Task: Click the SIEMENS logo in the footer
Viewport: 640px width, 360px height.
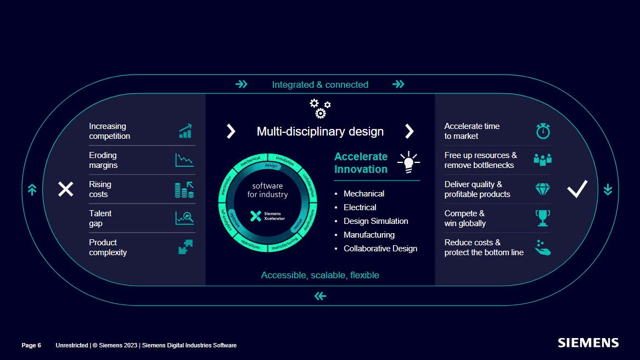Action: [588, 343]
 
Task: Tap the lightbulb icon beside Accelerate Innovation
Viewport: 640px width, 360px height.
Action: [408, 162]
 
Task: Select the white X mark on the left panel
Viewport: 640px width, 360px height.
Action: [66, 189]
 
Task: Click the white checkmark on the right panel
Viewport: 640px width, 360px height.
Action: [577, 189]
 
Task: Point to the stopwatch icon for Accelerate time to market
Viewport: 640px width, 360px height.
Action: [542, 131]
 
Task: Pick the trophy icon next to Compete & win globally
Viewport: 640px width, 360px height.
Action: [542, 218]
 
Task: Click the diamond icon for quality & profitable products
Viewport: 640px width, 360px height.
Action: [542, 189]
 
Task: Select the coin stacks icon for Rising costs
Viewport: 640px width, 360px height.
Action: [184, 190]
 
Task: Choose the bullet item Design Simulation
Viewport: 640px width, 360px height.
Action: [375, 221]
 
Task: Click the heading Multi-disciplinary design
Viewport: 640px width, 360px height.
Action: [320, 132]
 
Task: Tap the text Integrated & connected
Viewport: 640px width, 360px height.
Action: [320, 85]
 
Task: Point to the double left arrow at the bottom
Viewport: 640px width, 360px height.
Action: [320, 296]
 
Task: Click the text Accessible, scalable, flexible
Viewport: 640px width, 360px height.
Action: [320, 275]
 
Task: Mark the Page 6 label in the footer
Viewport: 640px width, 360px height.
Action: [31, 345]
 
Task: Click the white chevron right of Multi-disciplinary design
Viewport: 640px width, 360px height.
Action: [409, 131]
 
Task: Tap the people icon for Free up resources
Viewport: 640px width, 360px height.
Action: [542, 160]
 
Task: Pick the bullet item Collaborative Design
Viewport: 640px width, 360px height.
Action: [380, 249]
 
